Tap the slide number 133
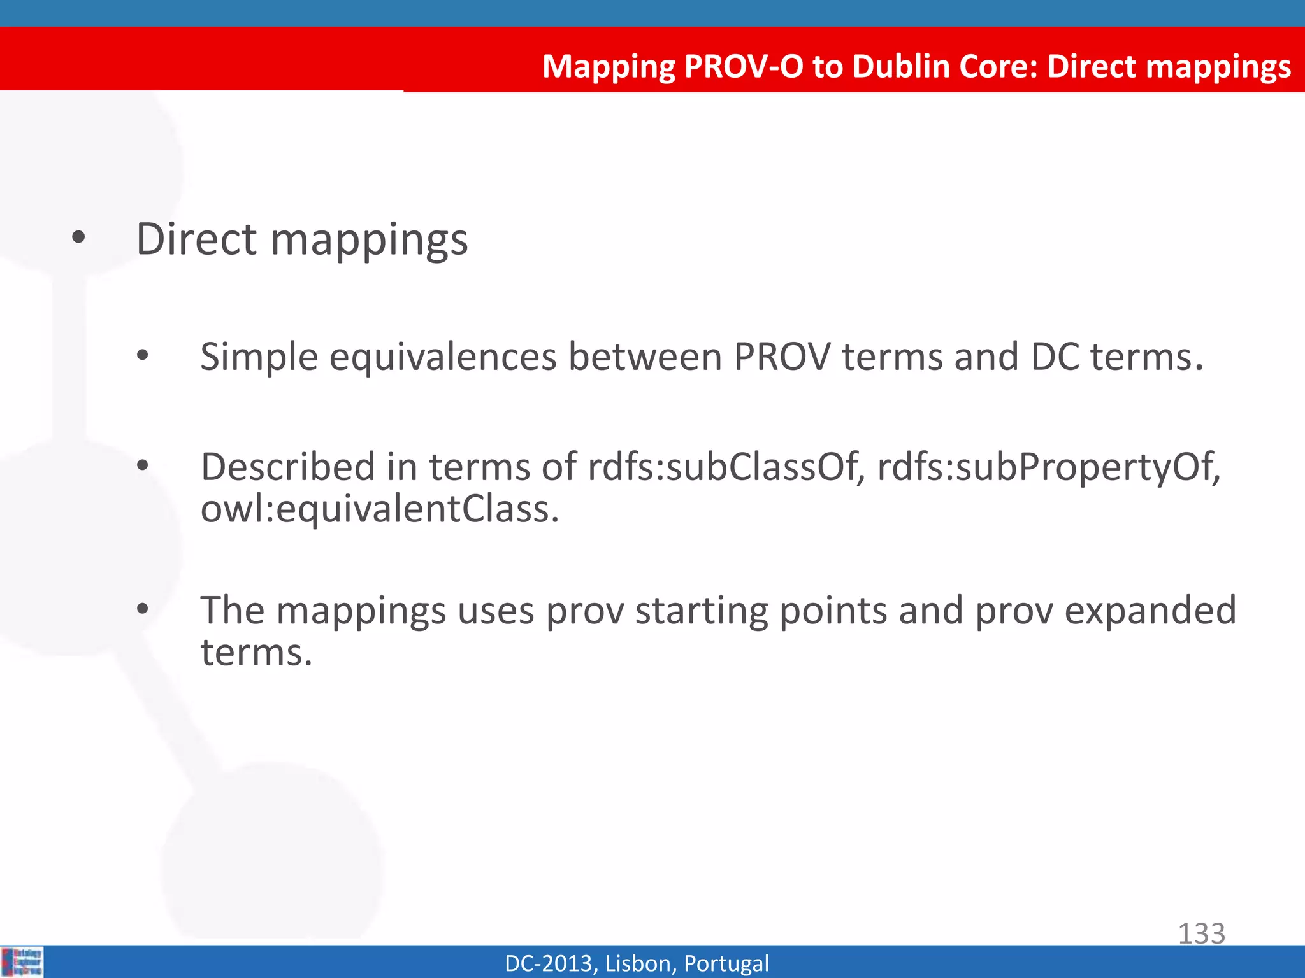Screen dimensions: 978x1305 [1201, 933]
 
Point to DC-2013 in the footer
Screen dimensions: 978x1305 [550, 963]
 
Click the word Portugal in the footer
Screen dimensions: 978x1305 [726, 963]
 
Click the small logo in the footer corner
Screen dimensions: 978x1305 [22, 961]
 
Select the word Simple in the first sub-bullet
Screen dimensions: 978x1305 [259, 357]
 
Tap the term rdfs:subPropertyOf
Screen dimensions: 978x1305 [1048, 467]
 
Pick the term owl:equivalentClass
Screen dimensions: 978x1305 [380, 509]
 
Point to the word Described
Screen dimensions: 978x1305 [288, 467]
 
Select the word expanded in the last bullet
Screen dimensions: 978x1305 [1150, 611]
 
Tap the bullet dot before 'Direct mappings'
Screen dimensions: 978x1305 [78, 239]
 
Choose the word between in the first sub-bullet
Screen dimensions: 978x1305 [645, 357]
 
